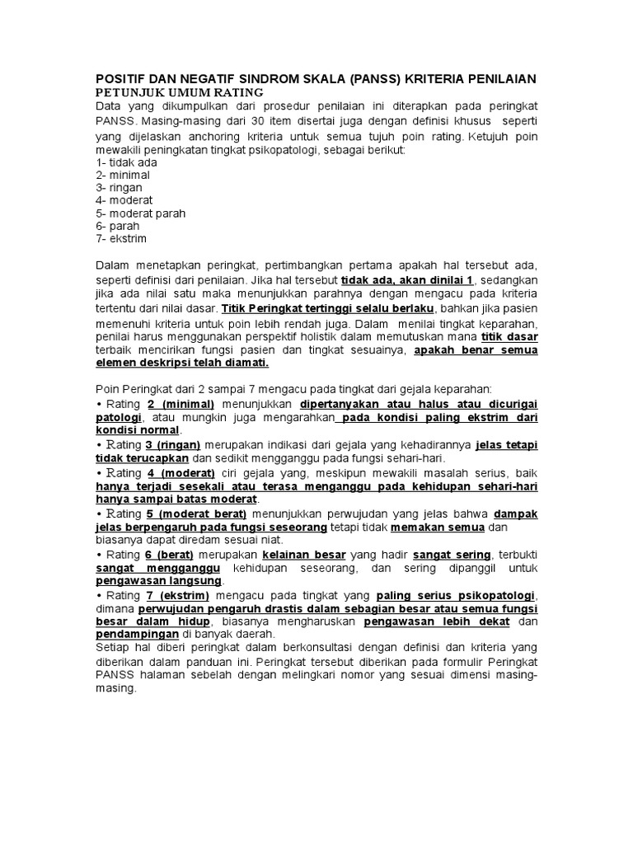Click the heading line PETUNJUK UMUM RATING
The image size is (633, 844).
(179, 91)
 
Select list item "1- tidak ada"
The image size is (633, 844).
(127, 162)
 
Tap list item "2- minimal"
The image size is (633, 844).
(124, 175)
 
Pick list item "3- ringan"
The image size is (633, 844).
(120, 187)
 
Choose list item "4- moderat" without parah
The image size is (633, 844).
(124, 200)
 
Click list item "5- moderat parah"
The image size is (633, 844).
(141, 213)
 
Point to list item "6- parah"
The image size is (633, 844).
(118, 226)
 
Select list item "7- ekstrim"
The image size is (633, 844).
(123, 238)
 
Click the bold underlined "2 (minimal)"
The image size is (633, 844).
(181, 404)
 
